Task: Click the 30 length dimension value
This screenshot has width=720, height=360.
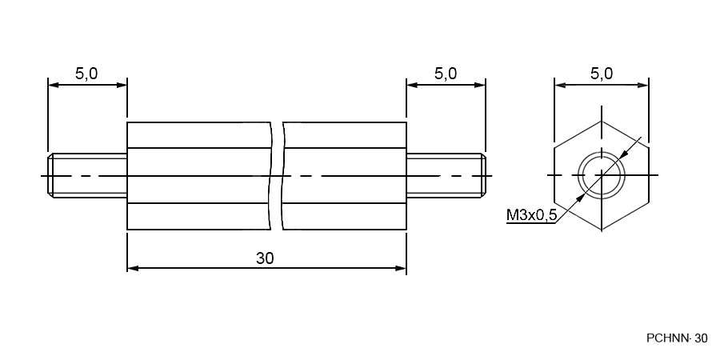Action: (x=265, y=258)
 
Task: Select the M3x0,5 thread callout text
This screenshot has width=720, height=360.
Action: (x=531, y=214)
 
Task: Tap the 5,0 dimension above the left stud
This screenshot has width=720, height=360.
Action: (x=86, y=74)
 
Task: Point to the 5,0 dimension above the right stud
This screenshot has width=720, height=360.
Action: (x=446, y=74)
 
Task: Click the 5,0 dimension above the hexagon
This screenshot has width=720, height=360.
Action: (x=602, y=74)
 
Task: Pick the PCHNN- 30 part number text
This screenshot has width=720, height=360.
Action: (x=677, y=338)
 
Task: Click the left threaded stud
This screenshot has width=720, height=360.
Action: (x=87, y=175)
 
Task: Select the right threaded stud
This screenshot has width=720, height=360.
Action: (x=446, y=175)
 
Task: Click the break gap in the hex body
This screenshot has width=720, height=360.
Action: (x=277, y=176)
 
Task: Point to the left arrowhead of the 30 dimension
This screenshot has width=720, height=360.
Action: (x=133, y=268)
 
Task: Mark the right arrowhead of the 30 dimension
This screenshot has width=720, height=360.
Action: (x=401, y=268)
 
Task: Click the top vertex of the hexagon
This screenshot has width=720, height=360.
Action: (x=602, y=122)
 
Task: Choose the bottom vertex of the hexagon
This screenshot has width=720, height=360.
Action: (x=602, y=230)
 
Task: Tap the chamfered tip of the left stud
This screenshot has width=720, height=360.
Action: (x=50, y=175)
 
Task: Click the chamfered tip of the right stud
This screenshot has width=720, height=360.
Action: (x=483, y=175)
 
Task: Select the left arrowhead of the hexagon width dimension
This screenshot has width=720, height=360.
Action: (x=560, y=85)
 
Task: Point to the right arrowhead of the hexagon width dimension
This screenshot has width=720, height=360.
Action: (x=642, y=85)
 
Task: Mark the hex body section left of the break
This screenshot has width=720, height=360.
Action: (x=199, y=176)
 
